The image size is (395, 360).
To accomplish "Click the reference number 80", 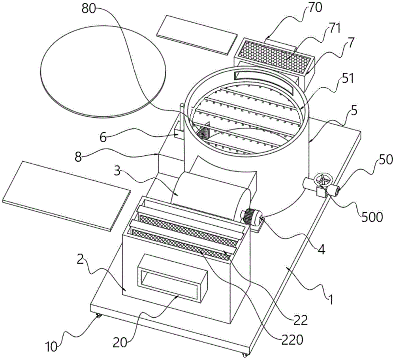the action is point(89,9).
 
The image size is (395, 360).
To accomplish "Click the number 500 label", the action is point(372,217).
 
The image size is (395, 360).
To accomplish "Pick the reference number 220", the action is point(292,340).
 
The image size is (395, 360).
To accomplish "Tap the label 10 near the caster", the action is point(51,347).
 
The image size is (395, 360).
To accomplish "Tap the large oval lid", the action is point(103,72).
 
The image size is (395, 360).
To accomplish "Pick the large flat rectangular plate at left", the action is point(66,196).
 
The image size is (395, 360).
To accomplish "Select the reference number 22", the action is point(301,320).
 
